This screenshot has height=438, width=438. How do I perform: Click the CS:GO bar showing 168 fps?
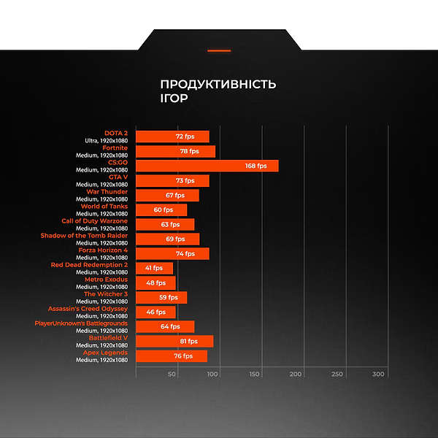(x=207, y=166)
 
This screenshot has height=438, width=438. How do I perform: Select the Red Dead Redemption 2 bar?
(x=154, y=268)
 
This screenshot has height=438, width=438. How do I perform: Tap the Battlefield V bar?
(x=174, y=341)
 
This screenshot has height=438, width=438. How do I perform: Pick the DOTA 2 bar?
(x=172, y=137)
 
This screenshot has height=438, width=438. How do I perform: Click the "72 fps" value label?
(x=185, y=137)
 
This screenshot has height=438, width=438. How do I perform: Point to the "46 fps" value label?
(x=156, y=312)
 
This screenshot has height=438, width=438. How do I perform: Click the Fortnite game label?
(x=115, y=148)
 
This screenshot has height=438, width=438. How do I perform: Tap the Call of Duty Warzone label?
(x=94, y=221)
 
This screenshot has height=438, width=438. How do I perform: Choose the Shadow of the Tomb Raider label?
(x=84, y=236)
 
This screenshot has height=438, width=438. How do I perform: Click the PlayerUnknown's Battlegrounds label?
(x=81, y=323)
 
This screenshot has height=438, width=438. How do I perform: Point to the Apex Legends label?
(x=105, y=353)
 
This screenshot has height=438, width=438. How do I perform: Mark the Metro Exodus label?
(x=106, y=280)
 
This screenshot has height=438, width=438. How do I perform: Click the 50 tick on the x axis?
(x=172, y=374)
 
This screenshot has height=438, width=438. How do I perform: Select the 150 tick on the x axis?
(x=255, y=374)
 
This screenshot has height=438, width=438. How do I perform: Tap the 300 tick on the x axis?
(x=378, y=374)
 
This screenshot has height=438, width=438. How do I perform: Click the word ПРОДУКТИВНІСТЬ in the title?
(x=218, y=85)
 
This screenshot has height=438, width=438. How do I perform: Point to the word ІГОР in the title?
(x=173, y=98)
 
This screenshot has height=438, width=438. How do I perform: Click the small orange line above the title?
(x=219, y=51)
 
